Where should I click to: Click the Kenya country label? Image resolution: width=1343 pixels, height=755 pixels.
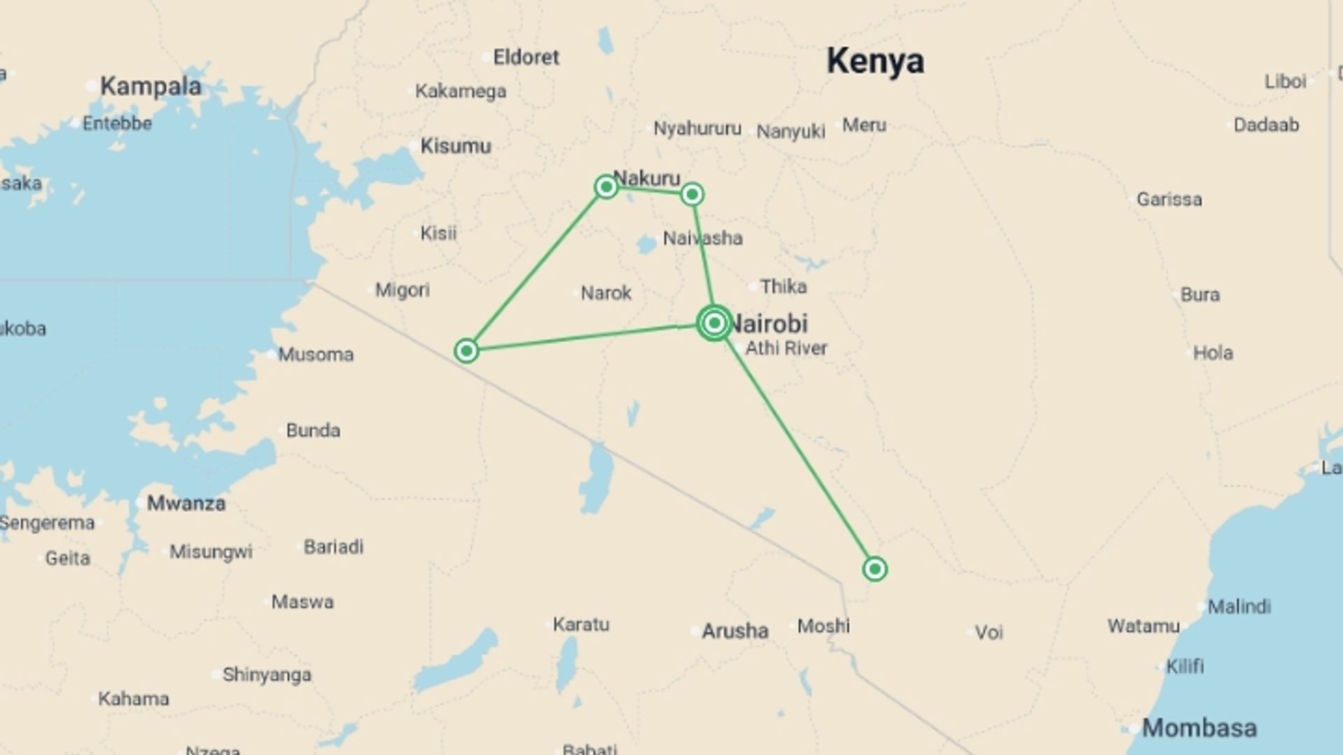click(x=875, y=62)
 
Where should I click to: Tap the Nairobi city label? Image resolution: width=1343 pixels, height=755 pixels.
click(x=769, y=324)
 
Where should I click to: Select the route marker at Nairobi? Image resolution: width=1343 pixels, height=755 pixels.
click(x=714, y=323)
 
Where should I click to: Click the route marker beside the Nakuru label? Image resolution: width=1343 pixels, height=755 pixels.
click(x=606, y=187)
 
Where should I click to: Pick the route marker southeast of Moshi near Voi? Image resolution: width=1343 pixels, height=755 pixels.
click(x=874, y=569)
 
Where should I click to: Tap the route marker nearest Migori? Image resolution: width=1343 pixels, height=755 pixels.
click(x=466, y=350)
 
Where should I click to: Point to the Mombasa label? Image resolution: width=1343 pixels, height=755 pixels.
click(x=1199, y=728)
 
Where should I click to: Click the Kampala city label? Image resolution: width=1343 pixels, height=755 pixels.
click(x=150, y=87)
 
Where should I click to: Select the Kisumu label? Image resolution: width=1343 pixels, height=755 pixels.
click(x=455, y=146)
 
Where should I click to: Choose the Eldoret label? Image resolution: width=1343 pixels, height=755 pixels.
click(x=526, y=57)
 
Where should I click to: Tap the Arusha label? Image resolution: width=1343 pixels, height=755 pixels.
click(x=734, y=631)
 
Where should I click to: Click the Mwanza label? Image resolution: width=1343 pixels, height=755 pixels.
click(x=186, y=503)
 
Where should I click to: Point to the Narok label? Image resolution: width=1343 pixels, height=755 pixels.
click(x=606, y=293)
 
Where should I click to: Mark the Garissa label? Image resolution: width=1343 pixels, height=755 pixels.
click(x=1169, y=200)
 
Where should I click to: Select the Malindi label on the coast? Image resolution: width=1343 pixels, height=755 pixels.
click(x=1239, y=607)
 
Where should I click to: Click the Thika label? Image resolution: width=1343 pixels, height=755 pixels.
click(x=783, y=287)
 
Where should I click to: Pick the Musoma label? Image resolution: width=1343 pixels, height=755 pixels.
click(x=315, y=355)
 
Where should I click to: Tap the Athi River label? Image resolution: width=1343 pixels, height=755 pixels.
click(x=786, y=348)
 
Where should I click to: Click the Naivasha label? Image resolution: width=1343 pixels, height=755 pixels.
click(x=702, y=238)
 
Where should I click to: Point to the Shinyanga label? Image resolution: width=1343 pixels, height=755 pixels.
click(x=267, y=675)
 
